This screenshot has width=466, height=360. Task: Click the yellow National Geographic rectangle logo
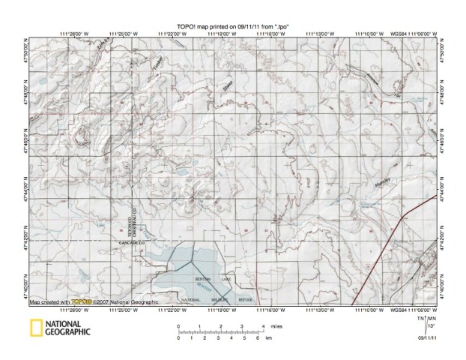34,328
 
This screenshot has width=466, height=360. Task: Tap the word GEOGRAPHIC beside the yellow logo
67,331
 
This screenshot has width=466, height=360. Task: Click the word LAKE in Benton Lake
226,279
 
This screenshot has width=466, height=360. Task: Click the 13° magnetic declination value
429,327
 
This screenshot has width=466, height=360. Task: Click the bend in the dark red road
403,217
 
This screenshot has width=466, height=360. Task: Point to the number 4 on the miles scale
262,327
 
